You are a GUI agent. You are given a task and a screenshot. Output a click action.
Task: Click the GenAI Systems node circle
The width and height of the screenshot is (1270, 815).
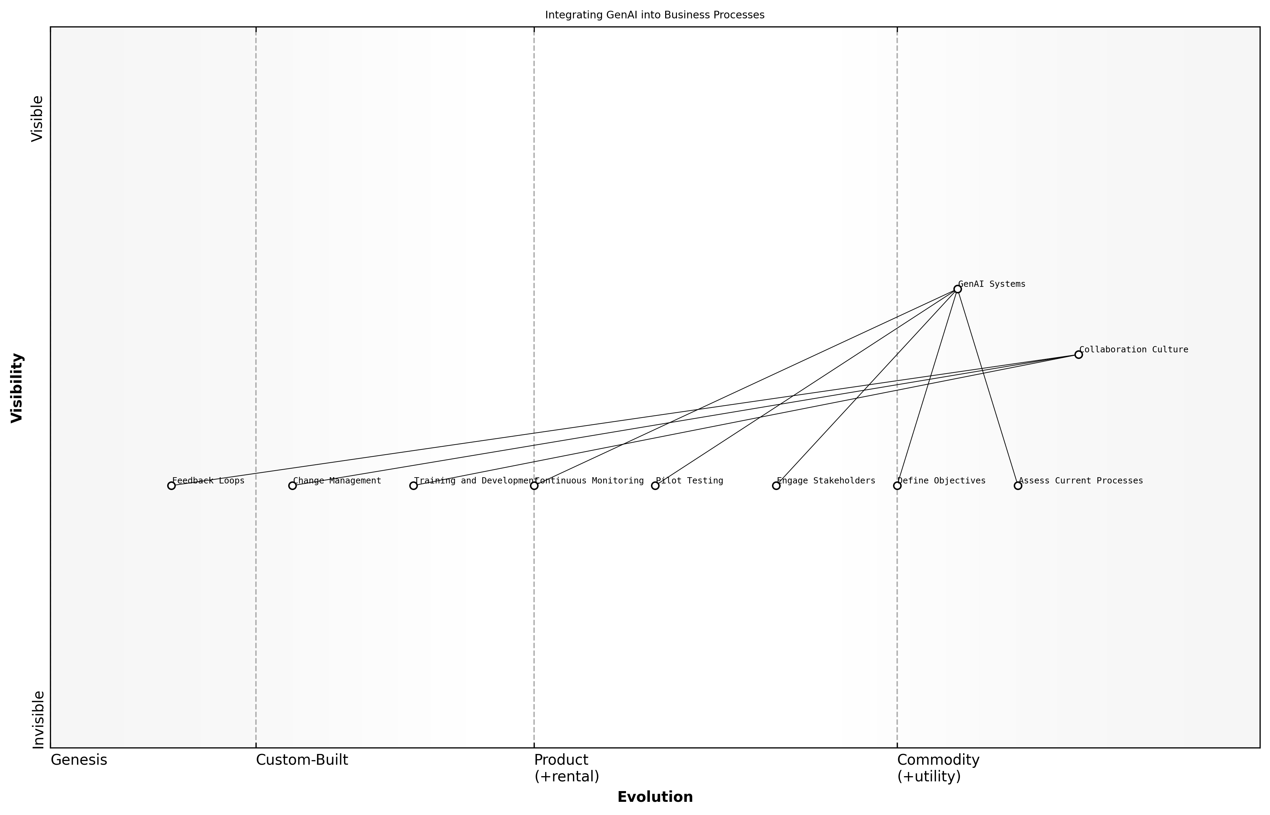coord(957,289)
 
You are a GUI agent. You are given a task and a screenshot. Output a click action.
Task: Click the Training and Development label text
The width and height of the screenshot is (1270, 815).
coord(474,481)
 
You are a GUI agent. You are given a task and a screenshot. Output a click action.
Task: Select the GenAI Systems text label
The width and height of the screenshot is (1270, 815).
coord(992,284)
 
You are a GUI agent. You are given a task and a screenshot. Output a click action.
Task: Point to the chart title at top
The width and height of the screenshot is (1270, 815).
coord(654,15)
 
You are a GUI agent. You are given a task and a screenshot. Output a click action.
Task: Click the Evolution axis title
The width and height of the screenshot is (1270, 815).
coord(654,797)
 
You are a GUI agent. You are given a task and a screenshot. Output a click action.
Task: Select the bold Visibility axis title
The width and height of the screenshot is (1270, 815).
coord(17,387)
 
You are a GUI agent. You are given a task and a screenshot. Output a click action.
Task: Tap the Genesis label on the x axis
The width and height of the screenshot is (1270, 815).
coord(79,760)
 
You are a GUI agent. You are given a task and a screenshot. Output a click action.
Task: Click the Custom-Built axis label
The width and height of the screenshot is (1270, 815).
coord(302,760)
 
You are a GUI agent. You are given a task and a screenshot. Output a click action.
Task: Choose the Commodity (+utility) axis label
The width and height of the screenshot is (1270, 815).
coord(938,768)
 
